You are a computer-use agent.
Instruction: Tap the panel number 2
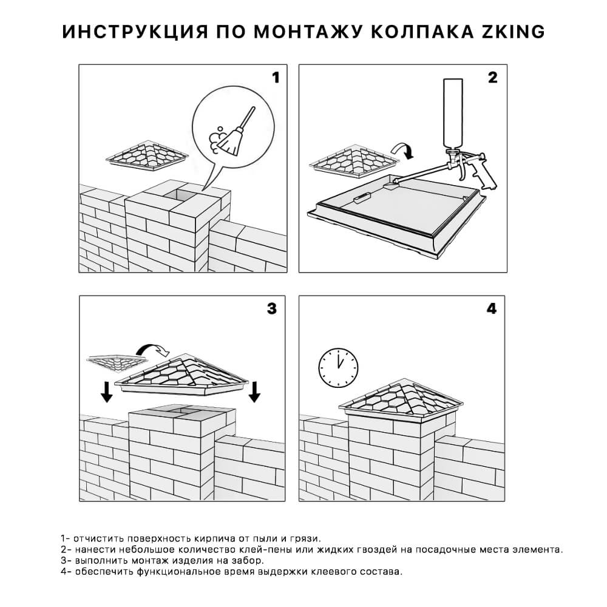pos(492,78)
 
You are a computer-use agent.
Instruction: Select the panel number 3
pos(271,308)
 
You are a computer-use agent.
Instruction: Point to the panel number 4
pos(492,308)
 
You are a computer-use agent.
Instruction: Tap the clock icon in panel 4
pos(338,365)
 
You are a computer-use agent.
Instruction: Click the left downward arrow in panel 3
pos(107,392)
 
